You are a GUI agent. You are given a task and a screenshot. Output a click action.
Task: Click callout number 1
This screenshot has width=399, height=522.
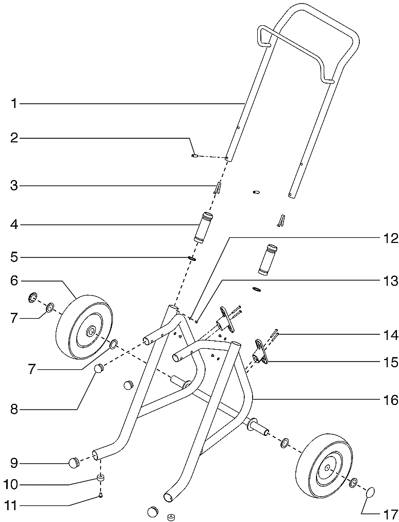(x=14, y=104)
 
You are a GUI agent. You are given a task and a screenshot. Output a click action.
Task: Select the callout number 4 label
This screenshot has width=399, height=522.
(x=14, y=225)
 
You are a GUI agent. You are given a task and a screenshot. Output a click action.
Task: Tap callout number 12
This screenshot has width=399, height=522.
(x=390, y=239)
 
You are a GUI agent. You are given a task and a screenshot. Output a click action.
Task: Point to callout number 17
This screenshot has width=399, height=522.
(x=390, y=514)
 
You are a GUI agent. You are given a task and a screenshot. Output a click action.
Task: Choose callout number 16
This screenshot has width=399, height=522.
(x=390, y=399)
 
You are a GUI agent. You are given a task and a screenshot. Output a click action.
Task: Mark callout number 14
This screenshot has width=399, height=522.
(x=390, y=335)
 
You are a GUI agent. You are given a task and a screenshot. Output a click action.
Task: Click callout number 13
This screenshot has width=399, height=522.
(x=390, y=281)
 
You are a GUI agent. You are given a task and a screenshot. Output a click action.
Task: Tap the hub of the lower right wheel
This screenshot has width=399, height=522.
(x=326, y=467)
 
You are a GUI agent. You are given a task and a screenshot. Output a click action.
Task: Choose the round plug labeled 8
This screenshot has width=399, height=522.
(x=98, y=368)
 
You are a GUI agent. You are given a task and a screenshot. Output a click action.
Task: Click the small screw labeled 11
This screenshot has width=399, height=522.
(x=101, y=496)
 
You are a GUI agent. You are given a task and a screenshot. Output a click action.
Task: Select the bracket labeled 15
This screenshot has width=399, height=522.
(x=259, y=352)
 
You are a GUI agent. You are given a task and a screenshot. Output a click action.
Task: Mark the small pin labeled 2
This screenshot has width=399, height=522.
(x=194, y=155)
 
